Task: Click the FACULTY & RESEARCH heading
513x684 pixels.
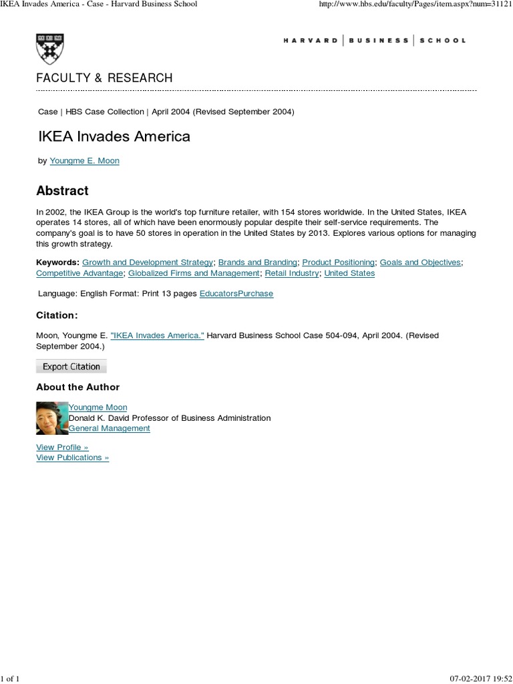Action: (104, 78)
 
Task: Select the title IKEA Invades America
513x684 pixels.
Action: (113, 136)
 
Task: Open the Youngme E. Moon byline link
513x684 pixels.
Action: (84, 161)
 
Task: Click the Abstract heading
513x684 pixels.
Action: (62, 190)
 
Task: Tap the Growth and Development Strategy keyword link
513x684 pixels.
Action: (148, 263)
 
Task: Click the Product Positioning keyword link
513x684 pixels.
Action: (339, 263)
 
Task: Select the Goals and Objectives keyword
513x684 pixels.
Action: (420, 263)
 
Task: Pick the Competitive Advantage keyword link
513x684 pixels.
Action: (79, 273)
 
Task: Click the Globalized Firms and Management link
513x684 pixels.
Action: (194, 273)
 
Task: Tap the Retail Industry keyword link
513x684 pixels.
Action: (292, 273)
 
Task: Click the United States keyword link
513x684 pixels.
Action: (349, 273)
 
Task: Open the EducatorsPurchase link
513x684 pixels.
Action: (236, 293)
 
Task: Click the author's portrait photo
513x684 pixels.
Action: (52, 418)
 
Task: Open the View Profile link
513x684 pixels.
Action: (62, 447)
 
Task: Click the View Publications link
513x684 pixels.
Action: (72, 458)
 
